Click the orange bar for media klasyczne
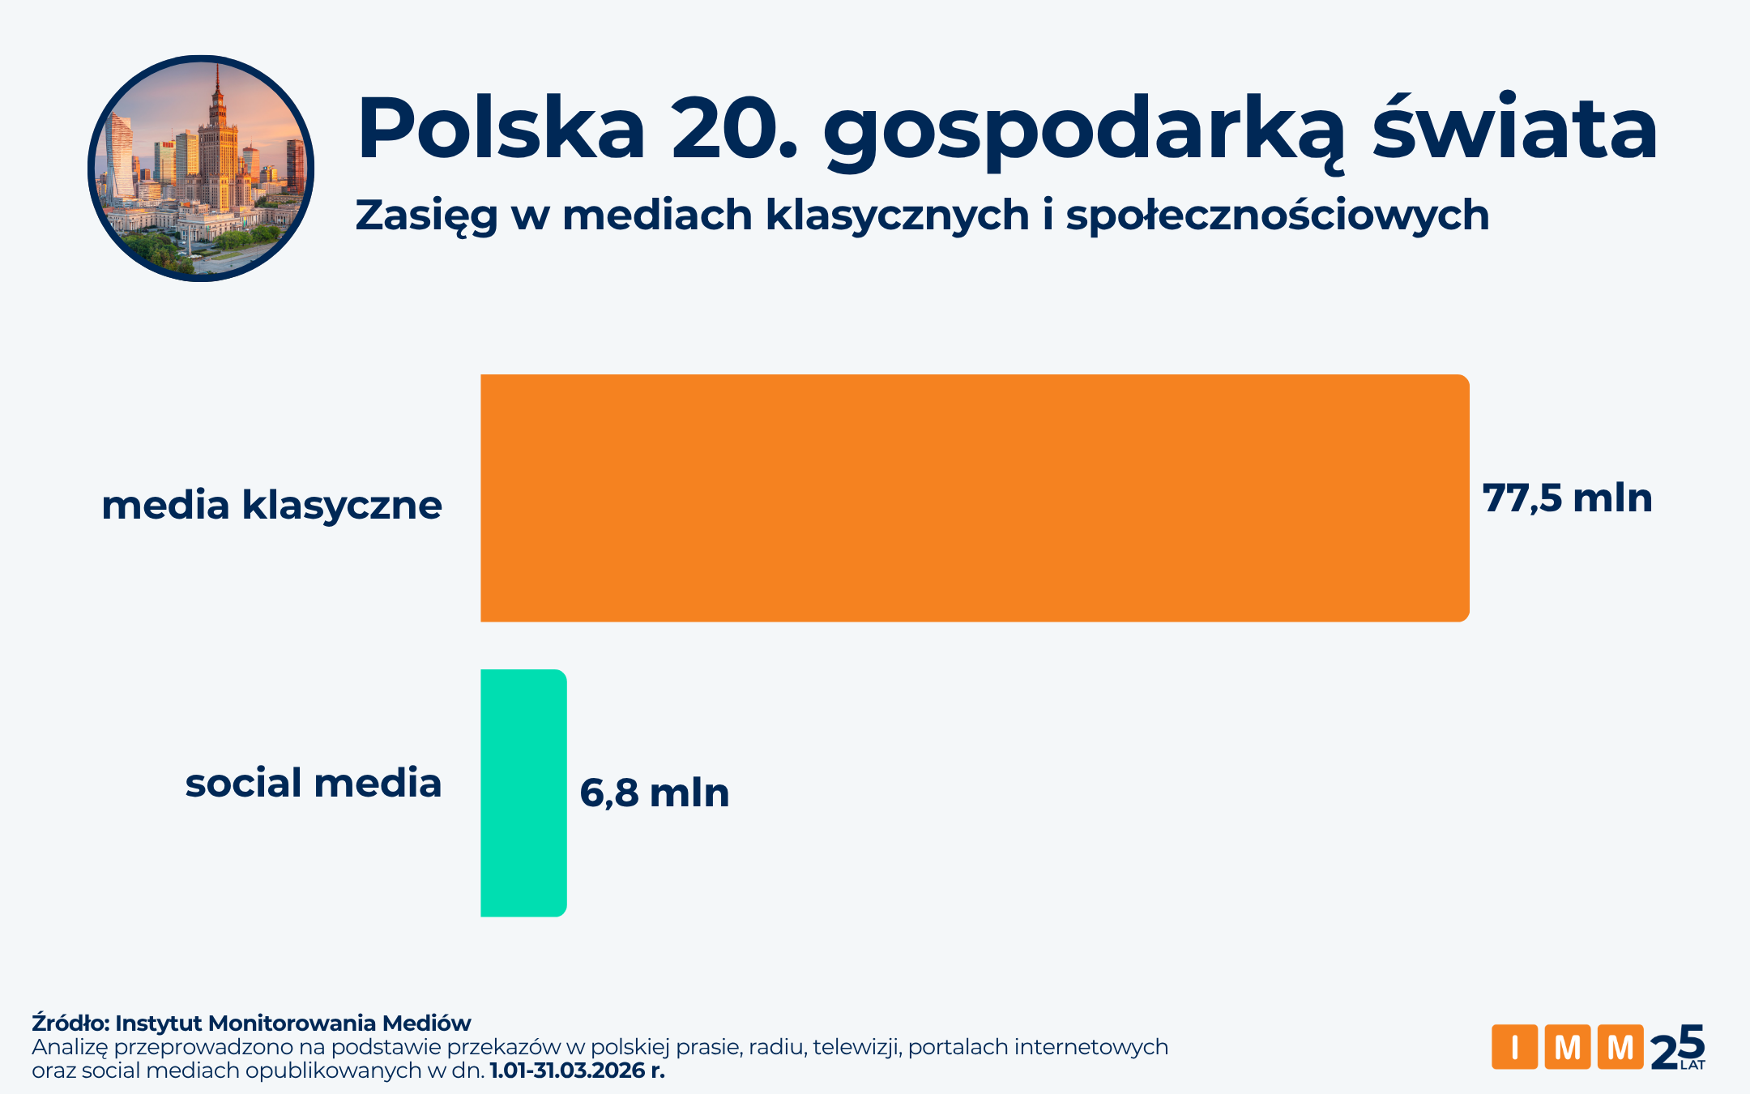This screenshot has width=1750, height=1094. (x=974, y=498)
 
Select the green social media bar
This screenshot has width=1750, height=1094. (x=523, y=793)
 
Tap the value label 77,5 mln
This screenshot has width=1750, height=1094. (x=1567, y=498)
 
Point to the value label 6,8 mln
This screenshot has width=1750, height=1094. (x=655, y=793)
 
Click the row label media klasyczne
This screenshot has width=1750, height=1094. (x=271, y=505)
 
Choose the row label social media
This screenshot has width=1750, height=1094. (x=314, y=783)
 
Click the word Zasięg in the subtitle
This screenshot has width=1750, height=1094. (x=426, y=216)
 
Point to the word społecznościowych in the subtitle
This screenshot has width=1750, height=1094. (x=1278, y=216)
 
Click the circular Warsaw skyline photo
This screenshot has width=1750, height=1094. (x=201, y=169)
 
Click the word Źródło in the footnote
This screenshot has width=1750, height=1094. (x=70, y=1023)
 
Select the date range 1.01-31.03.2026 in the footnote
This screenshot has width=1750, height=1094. (x=566, y=1070)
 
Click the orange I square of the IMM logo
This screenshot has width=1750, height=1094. (x=1514, y=1047)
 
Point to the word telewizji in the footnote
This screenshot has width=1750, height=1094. (x=857, y=1047)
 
